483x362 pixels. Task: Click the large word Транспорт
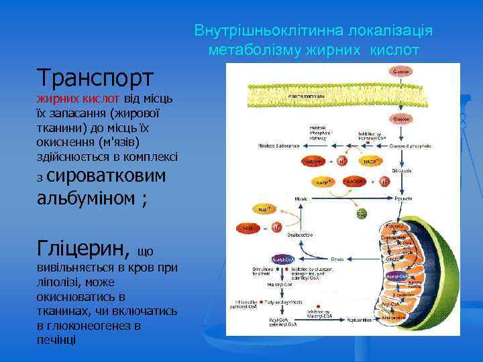click(96, 78)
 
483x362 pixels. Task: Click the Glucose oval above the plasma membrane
click(402, 71)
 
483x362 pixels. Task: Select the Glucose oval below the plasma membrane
click(402, 119)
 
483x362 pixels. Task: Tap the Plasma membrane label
click(306, 96)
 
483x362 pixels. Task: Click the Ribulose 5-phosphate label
click(278, 145)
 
